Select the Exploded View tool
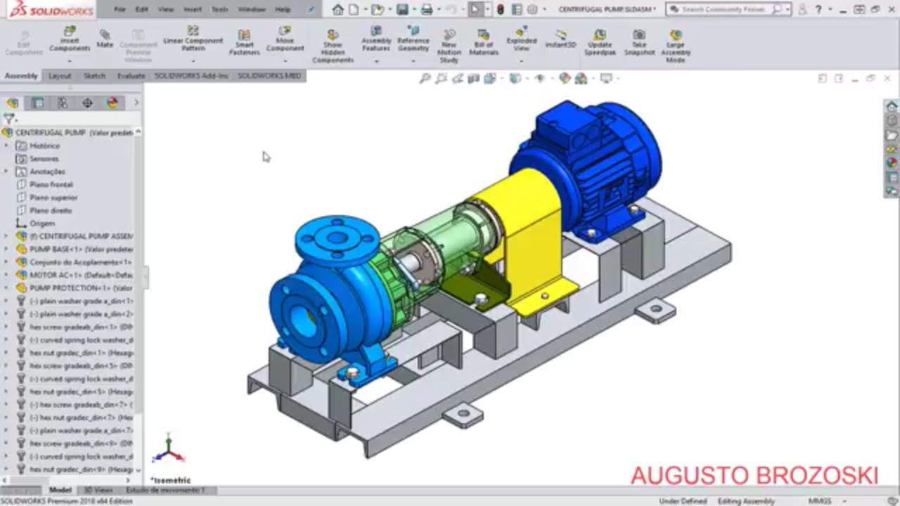pos(521,40)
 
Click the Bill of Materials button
pos(484,42)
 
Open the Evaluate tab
pos(131,76)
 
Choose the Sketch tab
pos(95,76)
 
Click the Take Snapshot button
pos(639,42)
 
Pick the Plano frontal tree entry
pos(51,184)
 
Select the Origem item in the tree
pos(42,223)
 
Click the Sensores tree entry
pos(44,159)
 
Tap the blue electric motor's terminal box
pos(568,126)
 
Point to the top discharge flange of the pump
pos(337,238)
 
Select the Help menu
pos(283,10)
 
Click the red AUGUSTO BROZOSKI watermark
pos(754,476)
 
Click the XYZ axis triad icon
pos(169,450)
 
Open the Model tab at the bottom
pos(60,490)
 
